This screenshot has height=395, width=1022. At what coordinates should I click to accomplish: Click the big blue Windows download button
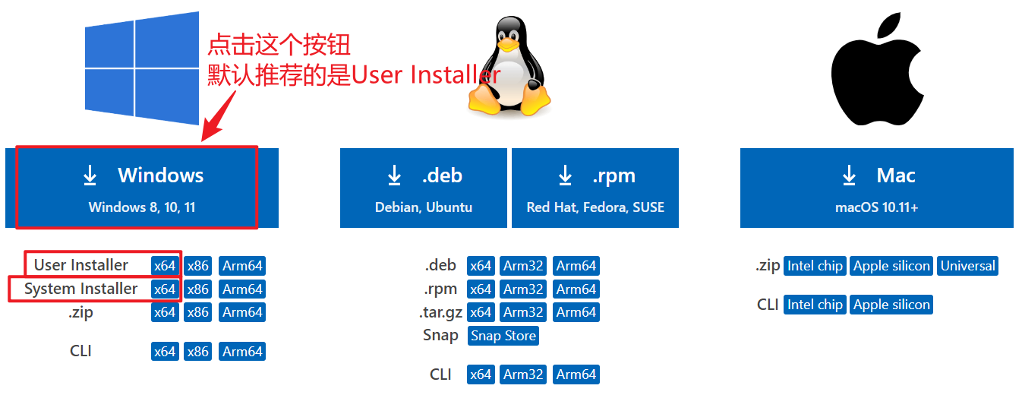pyautogui.click(x=142, y=188)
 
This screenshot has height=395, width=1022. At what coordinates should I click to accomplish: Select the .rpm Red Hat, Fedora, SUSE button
pyautogui.click(x=595, y=188)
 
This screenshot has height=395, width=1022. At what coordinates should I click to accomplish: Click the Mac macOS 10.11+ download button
pyautogui.click(x=876, y=188)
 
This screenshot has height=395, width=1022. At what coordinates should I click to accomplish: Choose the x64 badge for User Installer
pyautogui.click(x=165, y=266)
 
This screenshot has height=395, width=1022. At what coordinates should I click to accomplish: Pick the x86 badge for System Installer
pyautogui.click(x=198, y=289)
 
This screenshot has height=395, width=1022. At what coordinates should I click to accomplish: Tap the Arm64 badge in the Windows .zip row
pyautogui.click(x=242, y=312)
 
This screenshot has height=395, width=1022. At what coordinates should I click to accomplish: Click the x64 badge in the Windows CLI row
pyautogui.click(x=165, y=352)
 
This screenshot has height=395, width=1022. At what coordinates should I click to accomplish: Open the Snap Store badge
pyautogui.click(x=503, y=336)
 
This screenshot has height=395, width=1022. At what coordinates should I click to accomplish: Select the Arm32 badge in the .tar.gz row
pyautogui.click(x=523, y=312)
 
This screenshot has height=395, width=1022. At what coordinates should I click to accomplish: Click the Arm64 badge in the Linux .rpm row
pyautogui.click(x=576, y=289)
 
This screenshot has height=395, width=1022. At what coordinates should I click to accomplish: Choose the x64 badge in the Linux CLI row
pyautogui.click(x=481, y=374)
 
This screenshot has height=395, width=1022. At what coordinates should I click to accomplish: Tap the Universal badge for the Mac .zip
pyautogui.click(x=967, y=266)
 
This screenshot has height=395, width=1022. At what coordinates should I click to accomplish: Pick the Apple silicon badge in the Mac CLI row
pyautogui.click(x=891, y=305)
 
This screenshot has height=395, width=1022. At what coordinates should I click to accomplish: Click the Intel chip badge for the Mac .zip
pyautogui.click(x=815, y=266)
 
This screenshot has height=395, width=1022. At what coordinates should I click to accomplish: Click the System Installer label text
pyautogui.click(x=81, y=289)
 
